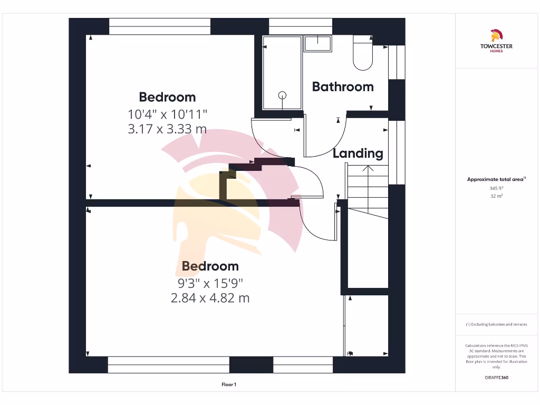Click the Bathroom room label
(343, 86)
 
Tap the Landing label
(358, 153)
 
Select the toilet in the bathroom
(363, 54)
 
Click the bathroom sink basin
(318, 43)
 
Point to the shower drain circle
(283, 95)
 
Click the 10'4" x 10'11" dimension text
(168, 113)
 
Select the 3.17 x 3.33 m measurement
(167, 129)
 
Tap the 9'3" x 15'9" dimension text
(210, 283)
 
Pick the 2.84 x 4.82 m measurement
(210, 298)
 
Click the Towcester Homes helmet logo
(496, 36)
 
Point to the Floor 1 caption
(229, 385)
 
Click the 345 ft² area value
(496, 188)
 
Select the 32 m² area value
(496, 196)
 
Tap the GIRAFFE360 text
(496, 378)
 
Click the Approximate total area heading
(496, 180)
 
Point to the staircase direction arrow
(368, 169)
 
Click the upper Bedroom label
(167, 97)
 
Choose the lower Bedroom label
(210, 266)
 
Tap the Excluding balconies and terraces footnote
(496, 324)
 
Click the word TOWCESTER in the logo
(496, 46)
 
